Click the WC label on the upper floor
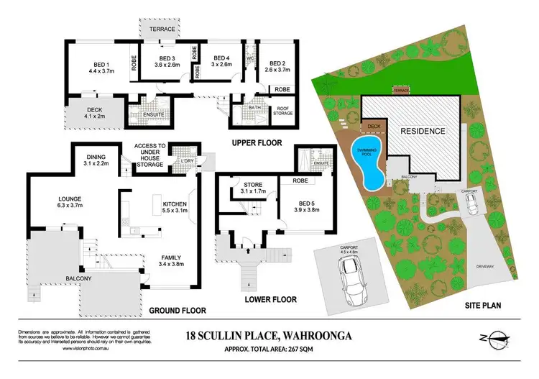[x=250, y=58]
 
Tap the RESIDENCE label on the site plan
[x=423, y=132]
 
